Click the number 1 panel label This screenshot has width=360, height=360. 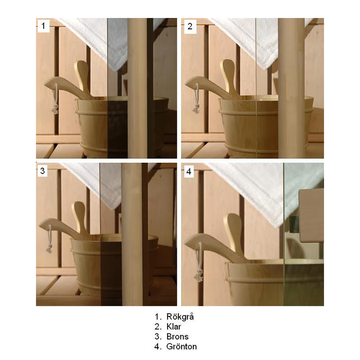[x=43, y=26]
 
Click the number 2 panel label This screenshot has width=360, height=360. [x=190, y=26]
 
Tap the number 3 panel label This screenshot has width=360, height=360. [x=42, y=171]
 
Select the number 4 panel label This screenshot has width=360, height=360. [x=189, y=171]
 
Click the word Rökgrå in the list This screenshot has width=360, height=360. [x=180, y=317]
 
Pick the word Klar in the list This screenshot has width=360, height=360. [x=174, y=327]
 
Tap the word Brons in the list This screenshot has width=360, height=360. [x=177, y=337]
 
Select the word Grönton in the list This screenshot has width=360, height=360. [x=181, y=346]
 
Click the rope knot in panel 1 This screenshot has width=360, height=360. [x=55, y=109]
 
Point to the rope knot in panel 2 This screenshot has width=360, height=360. [x=196, y=109]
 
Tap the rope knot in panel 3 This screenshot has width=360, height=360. [x=49, y=249]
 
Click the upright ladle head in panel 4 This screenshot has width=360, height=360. [x=232, y=224]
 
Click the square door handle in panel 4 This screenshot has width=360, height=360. [x=311, y=216]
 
